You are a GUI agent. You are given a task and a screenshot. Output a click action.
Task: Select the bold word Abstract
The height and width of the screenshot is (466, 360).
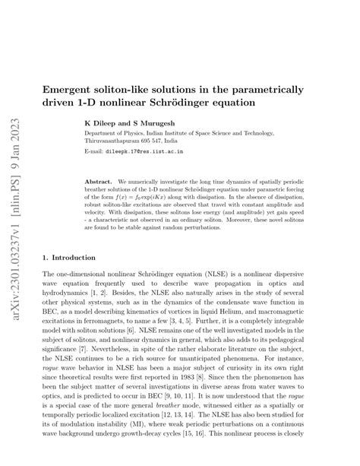click(x=99, y=182)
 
